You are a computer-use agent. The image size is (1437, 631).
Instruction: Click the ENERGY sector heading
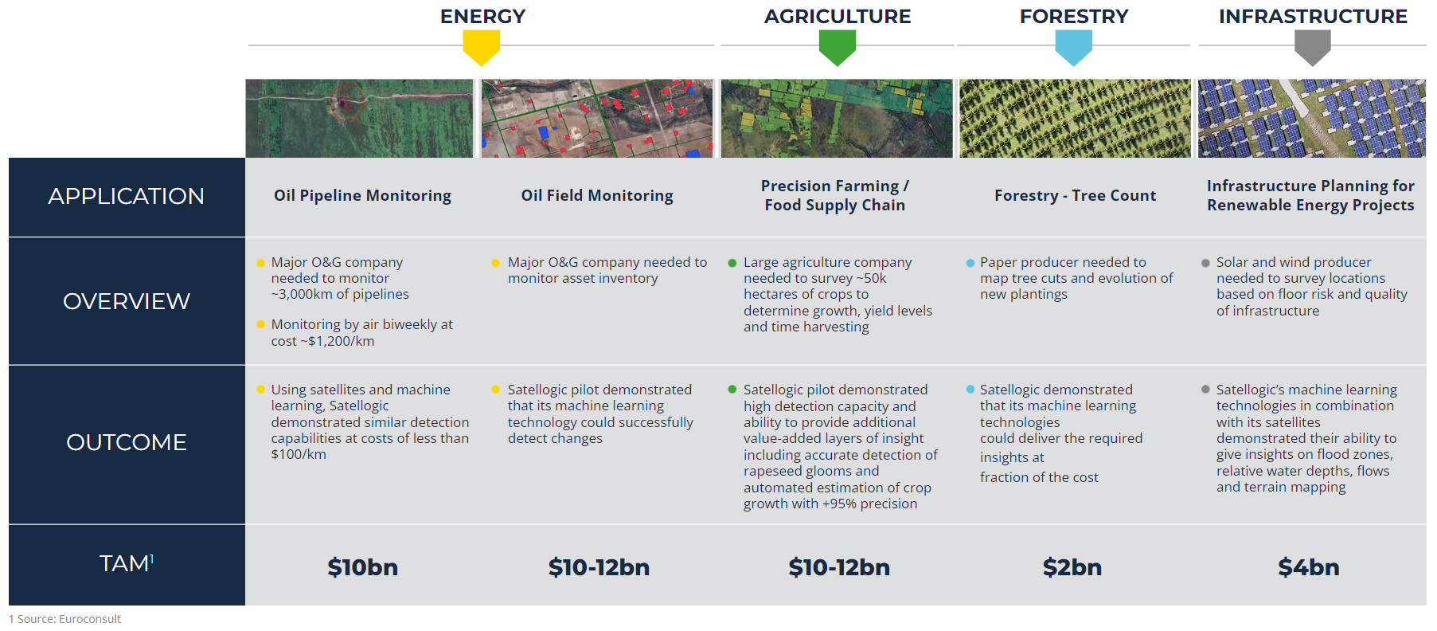[482, 16]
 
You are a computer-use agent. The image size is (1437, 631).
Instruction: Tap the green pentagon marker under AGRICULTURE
[837, 47]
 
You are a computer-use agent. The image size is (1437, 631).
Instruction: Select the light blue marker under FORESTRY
[1073, 47]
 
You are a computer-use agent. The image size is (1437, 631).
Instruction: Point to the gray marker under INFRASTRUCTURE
[1312, 47]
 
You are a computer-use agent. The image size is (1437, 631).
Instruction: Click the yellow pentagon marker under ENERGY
[482, 47]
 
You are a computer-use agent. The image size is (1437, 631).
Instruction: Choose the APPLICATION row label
[126, 196]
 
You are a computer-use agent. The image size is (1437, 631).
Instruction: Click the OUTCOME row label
[126, 442]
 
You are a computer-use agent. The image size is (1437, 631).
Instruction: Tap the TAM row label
[126, 563]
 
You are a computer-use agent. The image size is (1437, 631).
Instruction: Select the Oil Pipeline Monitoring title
[362, 196]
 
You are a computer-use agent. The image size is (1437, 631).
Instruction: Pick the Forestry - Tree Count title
[1075, 196]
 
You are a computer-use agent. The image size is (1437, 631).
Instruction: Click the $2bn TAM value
[1072, 567]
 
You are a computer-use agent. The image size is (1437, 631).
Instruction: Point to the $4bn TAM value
[1309, 567]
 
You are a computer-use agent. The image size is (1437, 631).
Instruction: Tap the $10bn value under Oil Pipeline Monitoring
[362, 567]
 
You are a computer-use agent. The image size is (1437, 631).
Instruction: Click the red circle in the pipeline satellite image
[347, 102]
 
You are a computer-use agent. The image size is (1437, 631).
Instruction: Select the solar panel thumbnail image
[1312, 118]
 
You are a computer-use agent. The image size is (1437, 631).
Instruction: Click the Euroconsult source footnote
[64, 619]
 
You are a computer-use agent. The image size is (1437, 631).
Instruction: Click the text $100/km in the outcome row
[299, 454]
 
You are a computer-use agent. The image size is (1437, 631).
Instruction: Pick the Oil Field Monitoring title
[597, 196]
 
